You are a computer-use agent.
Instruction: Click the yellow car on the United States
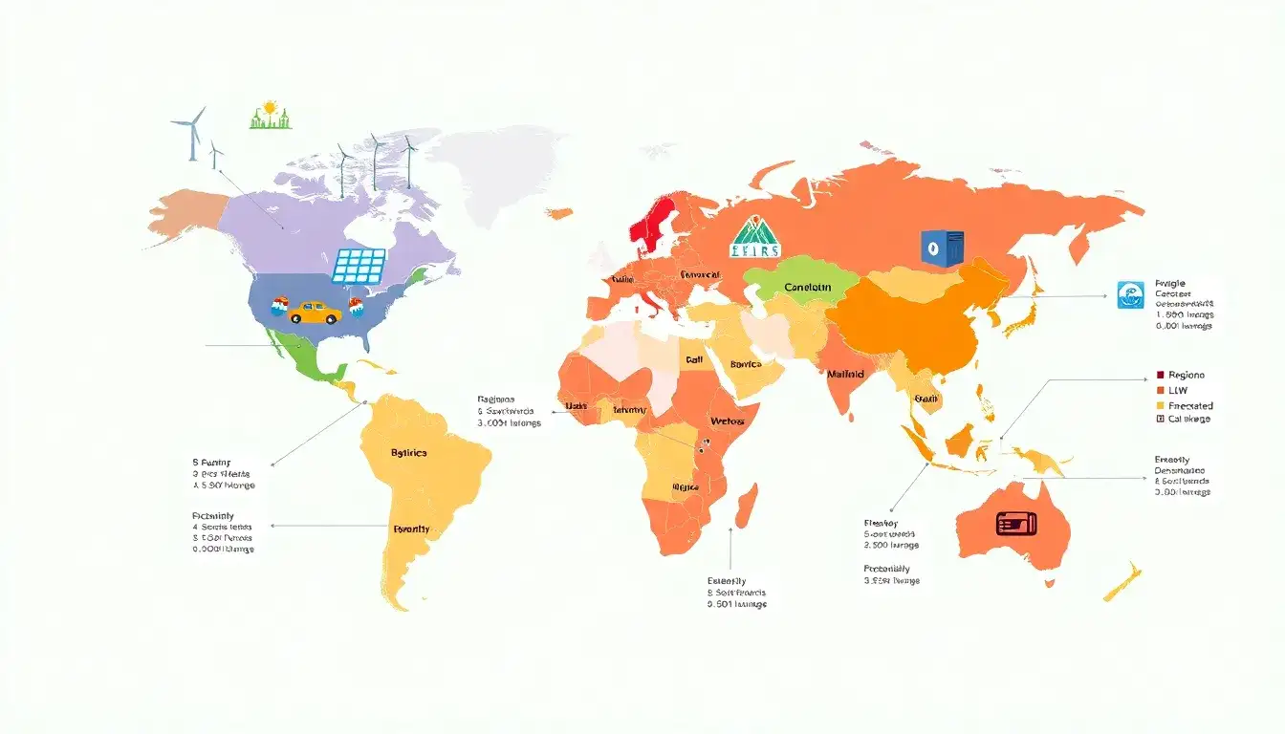coord(315,312)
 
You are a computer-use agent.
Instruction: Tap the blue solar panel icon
coord(359,267)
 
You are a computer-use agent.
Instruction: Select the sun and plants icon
coord(271,116)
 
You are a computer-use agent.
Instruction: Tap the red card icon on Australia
coord(1016,523)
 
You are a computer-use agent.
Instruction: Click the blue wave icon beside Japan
coord(1130,294)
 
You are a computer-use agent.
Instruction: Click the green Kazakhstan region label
coord(808,287)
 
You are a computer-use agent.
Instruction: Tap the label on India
coord(845,374)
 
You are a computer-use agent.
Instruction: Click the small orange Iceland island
coord(560,213)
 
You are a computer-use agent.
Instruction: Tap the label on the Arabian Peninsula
coord(745,364)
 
